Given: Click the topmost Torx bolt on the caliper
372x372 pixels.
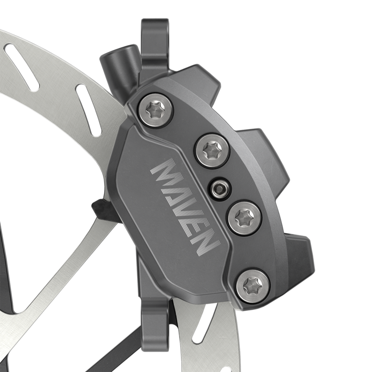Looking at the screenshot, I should [155, 110].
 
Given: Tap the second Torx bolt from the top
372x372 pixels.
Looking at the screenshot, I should [212, 151].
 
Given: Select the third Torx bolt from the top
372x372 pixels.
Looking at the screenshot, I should [244, 217].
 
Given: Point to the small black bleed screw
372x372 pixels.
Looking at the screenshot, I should [219, 188].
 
